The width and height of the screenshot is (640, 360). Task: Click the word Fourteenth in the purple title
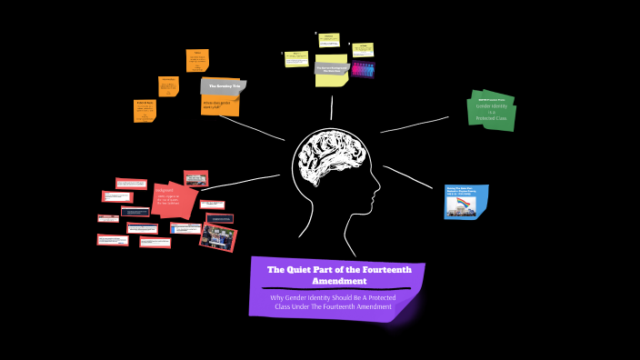point(381,269)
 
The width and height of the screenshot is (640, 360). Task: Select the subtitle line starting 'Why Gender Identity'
point(333,297)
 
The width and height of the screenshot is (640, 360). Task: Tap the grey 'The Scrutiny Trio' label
point(222,85)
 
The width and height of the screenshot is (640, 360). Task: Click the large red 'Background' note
point(175,200)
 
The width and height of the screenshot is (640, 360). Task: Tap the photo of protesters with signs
point(218,237)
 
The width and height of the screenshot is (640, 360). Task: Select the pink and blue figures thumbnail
point(363,70)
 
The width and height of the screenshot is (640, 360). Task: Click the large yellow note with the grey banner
point(331,72)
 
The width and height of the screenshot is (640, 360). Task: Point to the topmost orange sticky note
point(197,61)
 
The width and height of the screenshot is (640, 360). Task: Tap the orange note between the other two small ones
point(169,86)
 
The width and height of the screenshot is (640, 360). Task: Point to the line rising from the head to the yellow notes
point(331,107)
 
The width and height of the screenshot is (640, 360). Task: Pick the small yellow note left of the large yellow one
point(296,59)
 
